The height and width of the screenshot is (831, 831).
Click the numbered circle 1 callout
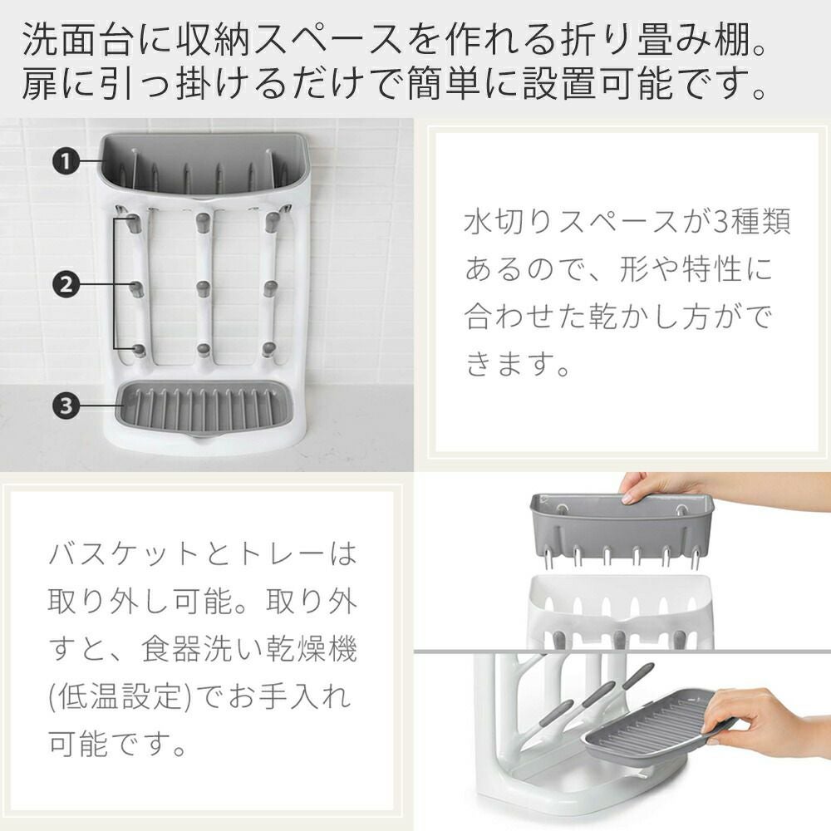(66, 160)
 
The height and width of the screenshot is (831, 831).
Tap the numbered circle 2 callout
(66, 285)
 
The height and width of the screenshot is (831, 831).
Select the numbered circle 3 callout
(66, 406)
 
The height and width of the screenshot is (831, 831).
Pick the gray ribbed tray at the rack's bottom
(204, 407)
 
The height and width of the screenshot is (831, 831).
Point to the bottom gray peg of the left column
(138, 351)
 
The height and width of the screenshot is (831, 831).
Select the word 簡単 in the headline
(444, 84)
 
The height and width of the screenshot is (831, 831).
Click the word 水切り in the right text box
(507, 220)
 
